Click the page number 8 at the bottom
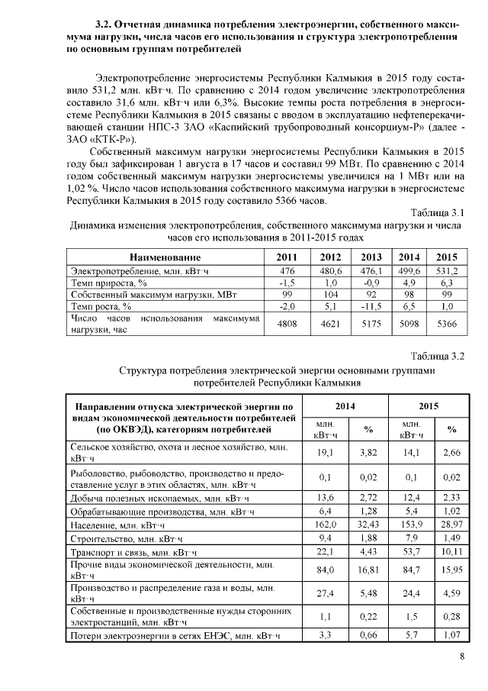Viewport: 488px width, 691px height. (461, 657)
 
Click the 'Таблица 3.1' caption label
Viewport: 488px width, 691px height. (438, 211)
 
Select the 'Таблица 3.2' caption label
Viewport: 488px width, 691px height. (437, 356)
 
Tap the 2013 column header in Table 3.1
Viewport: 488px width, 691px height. (371, 257)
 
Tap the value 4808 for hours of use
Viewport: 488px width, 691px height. (287, 324)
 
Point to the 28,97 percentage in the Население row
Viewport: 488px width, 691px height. (452, 525)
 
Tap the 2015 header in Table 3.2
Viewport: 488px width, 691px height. (432, 406)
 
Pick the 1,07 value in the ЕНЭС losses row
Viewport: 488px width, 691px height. (452, 635)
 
